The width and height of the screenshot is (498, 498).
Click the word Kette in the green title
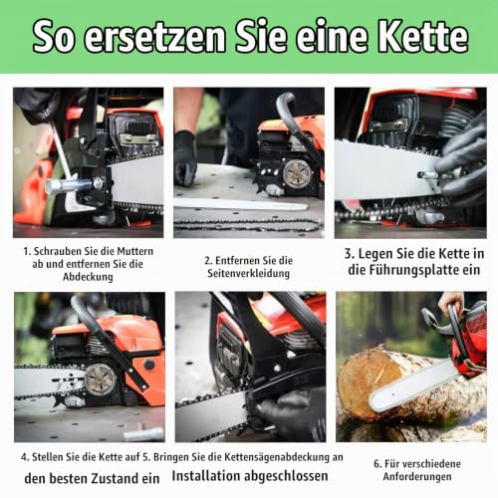coord(423,36)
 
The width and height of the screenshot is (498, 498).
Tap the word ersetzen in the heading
coord(155,38)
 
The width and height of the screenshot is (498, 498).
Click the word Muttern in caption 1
coord(135,251)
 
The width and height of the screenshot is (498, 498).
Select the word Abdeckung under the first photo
coord(88,277)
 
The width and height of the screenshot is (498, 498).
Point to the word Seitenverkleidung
coord(249,273)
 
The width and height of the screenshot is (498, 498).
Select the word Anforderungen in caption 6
coord(417,476)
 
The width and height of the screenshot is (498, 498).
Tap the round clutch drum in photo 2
coord(297,173)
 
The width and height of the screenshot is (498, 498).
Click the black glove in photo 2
coord(185,157)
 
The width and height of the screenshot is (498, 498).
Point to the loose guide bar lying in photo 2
coord(241,203)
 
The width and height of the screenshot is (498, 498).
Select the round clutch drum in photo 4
coord(100,380)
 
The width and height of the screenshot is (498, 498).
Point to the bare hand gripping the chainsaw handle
coord(450,301)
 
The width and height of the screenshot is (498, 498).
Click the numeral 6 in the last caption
coord(376,464)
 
